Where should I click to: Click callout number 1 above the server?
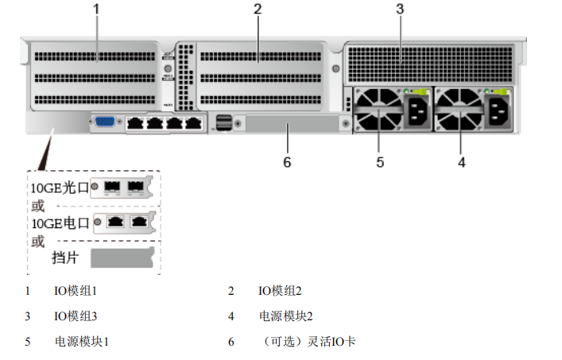coord(96,10)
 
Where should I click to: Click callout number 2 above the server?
coord(258,10)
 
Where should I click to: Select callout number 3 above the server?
coord(400,10)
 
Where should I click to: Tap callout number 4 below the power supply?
coord(461,162)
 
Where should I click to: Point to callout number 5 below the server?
coord(380,162)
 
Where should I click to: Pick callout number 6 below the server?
coord(288,162)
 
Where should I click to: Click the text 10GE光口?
coord(57,188)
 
